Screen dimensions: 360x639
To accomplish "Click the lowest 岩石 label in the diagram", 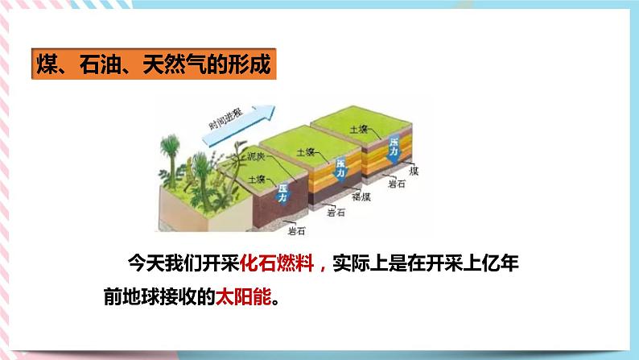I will click(296, 231).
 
